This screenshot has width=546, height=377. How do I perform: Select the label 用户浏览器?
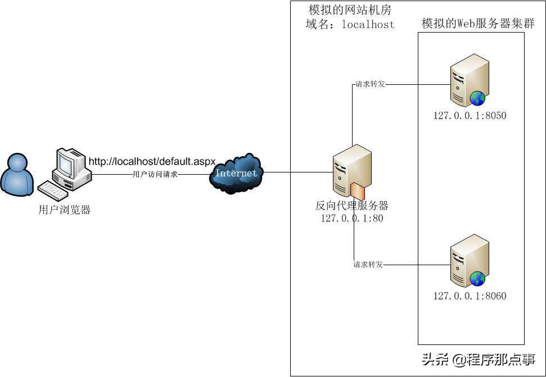(x=65, y=211)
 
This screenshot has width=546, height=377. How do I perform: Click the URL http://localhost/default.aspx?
(x=152, y=162)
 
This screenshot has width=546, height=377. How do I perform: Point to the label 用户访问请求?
(x=155, y=175)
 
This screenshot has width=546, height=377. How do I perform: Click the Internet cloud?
(x=236, y=173)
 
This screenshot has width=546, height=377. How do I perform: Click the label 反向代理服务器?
(x=352, y=206)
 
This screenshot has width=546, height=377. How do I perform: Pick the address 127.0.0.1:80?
(x=352, y=219)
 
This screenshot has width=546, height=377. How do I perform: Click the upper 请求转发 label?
(x=369, y=85)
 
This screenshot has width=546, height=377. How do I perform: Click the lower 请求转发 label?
(x=368, y=265)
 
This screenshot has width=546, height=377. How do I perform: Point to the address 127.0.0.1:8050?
(x=470, y=116)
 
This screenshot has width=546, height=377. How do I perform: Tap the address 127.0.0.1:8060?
(x=470, y=296)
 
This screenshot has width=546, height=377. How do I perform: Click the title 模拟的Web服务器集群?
(x=478, y=24)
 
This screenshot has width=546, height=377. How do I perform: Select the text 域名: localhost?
(x=350, y=25)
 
